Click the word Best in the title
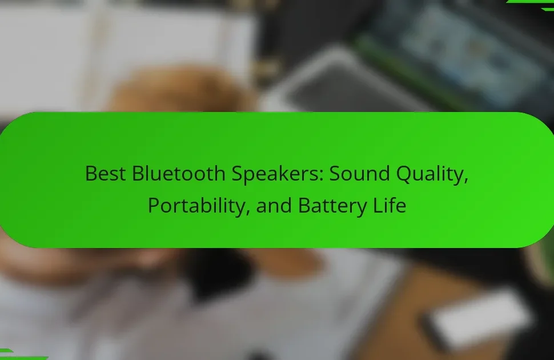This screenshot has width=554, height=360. click(105, 173)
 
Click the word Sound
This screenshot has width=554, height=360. click(359, 173)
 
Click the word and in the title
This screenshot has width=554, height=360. click(274, 206)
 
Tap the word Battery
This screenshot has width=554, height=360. click(332, 206)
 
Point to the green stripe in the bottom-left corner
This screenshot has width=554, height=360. click(21, 355)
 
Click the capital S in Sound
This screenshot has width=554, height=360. click(335, 173)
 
